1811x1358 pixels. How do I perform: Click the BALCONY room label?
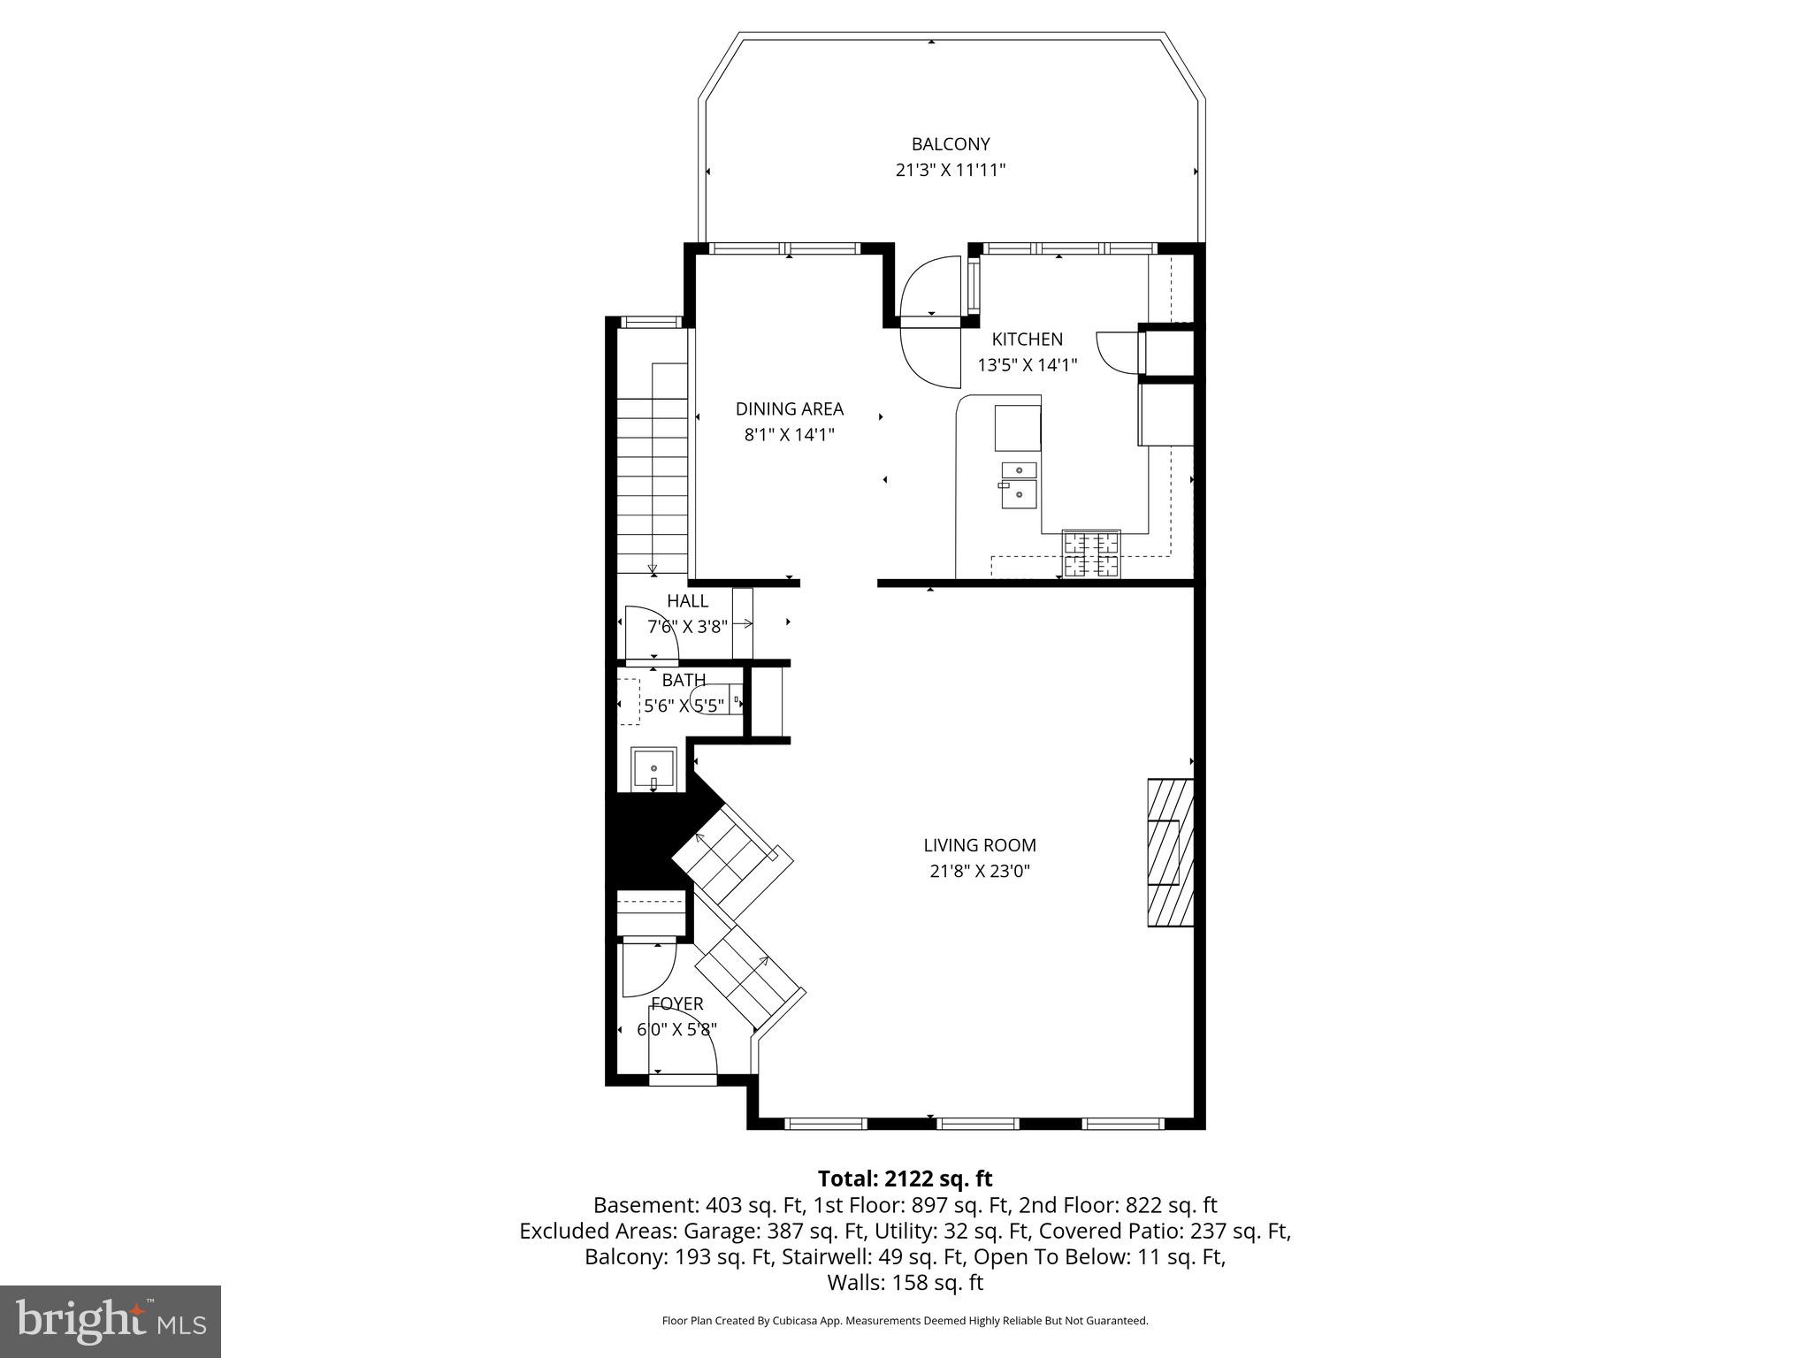pyautogui.click(x=951, y=144)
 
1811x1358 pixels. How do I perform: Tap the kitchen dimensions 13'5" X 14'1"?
pyautogui.click(x=1027, y=364)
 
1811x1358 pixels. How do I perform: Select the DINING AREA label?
pyautogui.click(x=789, y=408)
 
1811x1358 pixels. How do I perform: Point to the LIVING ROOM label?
pyautogui.click(x=980, y=845)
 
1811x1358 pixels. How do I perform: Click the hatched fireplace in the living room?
pyautogui.click(x=1169, y=852)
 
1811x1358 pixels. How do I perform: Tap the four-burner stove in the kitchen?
pyautogui.click(x=1091, y=554)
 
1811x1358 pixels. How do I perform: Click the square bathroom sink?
pyautogui.click(x=653, y=769)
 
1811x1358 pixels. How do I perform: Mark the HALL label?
pyautogui.click(x=687, y=601)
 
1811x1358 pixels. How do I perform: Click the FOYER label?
pyautogui.click(x=677, y=1003)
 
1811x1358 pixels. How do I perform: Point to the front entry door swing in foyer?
pyautogui.click(x=681, y=1052)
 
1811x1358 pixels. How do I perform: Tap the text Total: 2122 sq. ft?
pyautogui.click(x=905, y=1179)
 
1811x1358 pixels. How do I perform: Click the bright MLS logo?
pyautogui.click(x=111, y=1321)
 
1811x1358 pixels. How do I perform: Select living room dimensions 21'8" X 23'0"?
pyautogui.click(x=980, y=871)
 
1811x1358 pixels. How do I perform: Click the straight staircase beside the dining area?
pyautogui.click(x=653, y=469)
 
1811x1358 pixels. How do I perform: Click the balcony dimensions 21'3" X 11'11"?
pyautogui.click(x=951, y=170)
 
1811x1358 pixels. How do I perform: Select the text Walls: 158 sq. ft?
pyautogui.click(x=905, y=1282)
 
